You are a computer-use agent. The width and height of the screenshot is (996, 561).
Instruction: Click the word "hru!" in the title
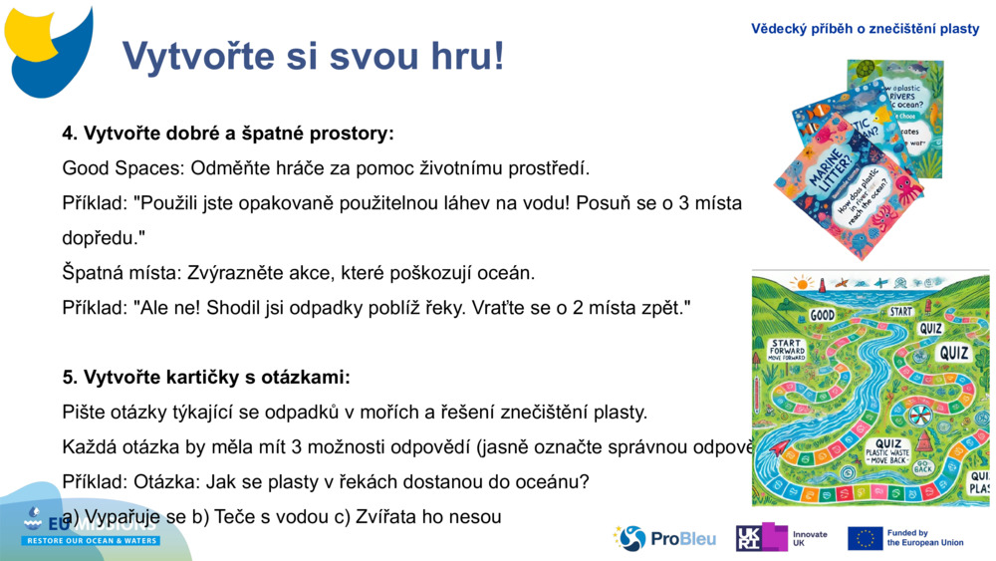(459, 57)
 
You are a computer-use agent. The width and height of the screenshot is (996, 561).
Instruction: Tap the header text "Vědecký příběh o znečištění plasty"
(865, 29)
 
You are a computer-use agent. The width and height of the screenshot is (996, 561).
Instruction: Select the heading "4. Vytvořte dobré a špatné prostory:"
(228, 133)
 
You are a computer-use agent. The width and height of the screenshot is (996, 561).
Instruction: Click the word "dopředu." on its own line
(104, 237)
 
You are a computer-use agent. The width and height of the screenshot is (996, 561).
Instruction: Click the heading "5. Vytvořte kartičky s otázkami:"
(206, 377)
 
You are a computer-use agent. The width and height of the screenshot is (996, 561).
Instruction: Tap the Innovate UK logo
(782, 538)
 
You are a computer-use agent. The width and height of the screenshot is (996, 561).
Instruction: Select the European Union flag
(865, 538)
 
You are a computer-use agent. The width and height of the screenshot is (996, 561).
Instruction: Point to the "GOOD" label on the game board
(822, 315)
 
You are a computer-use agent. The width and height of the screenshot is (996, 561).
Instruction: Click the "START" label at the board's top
(900, 311)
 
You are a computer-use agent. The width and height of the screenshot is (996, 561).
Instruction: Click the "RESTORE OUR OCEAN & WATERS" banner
(92, 541)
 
